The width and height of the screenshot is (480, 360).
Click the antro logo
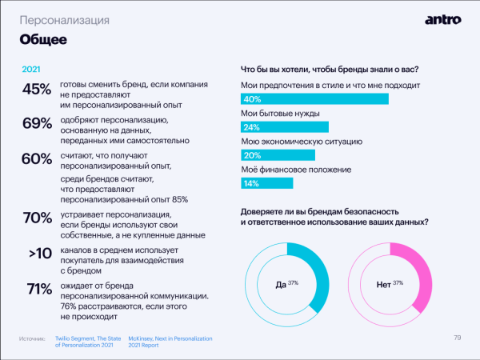coord(443,20)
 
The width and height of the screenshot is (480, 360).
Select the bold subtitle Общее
coord(42,39)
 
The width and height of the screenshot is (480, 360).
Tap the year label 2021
coord(31,69)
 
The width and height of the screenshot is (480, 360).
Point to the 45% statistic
coord(37,90)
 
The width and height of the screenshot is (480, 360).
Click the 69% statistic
coord(37,123)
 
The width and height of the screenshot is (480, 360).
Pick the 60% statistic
coord(37,158)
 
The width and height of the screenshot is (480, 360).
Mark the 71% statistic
coord(37,289)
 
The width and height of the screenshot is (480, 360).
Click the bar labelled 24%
coord(285,127)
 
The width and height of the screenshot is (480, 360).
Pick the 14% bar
coord(266,183)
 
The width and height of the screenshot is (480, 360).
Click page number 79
coord(457,337)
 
